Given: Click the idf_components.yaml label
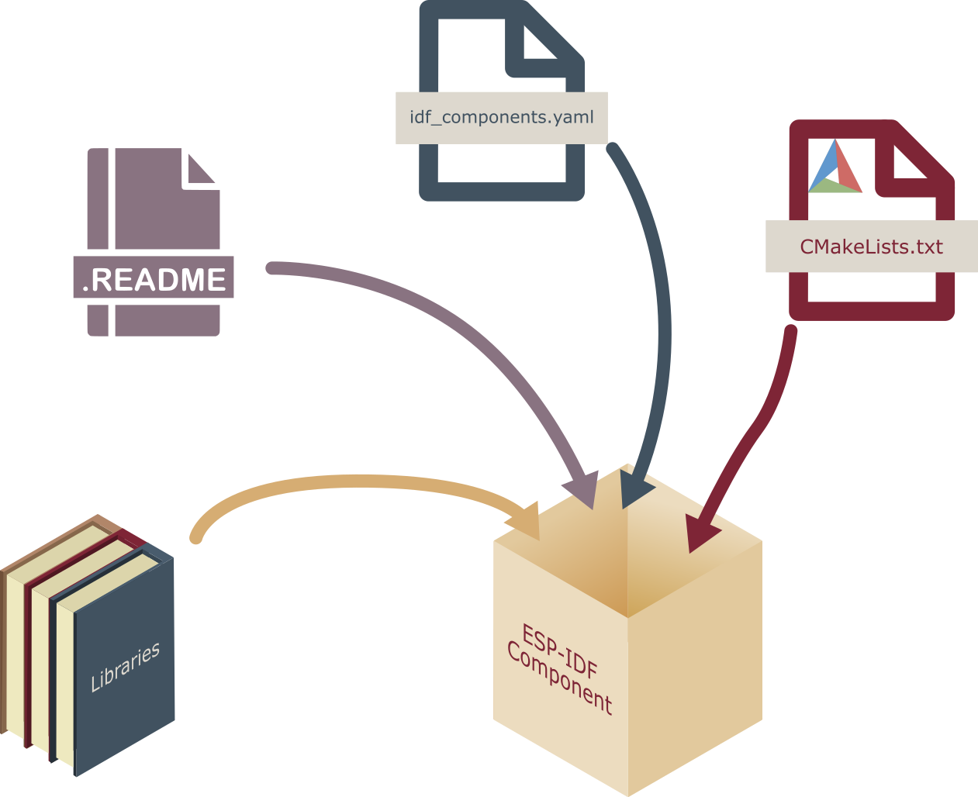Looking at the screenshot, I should click(x=501, y=118).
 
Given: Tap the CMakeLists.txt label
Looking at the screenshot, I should click(x=871, y=247).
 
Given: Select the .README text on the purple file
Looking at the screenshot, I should click(x=154, y=279).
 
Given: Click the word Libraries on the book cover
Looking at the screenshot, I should click(x=125, y=667).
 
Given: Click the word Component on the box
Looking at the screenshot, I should click(x=559, y=679).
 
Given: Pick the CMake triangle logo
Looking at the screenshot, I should click(x=835, y=169).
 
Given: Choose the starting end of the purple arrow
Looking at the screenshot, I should click(x=271, y=268).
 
